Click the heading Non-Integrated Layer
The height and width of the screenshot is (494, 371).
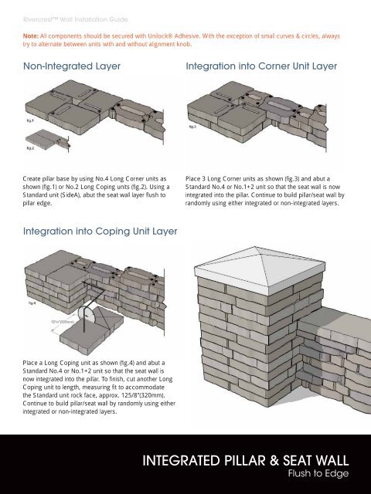72,66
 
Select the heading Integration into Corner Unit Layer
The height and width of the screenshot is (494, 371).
261,66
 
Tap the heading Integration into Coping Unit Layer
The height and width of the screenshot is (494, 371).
100,232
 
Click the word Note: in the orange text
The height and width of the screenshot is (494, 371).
31,36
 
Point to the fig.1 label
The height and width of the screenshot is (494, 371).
30,120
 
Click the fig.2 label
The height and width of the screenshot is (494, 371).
30,148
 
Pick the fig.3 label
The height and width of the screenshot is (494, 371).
192,127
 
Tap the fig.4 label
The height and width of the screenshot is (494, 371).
32,303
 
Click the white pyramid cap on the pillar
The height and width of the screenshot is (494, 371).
260,270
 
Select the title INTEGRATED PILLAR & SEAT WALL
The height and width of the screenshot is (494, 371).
246,461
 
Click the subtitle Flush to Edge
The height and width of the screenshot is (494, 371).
318,473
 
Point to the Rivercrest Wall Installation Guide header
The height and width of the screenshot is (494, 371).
76,19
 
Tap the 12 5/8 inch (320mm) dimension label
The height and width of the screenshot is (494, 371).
63,322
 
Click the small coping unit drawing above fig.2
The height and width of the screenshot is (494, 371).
47,139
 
